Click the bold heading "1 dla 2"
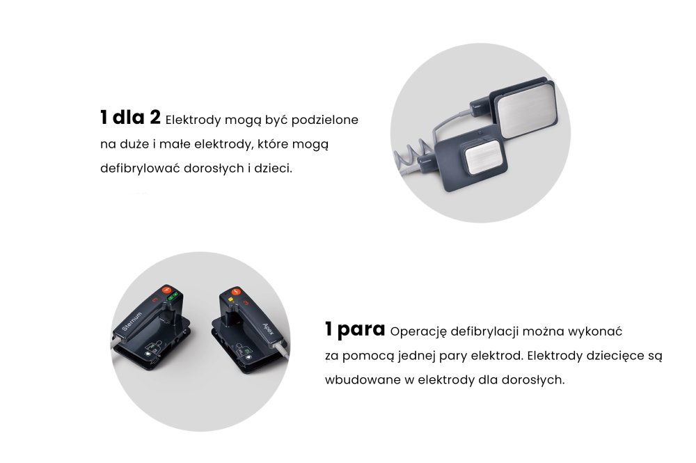click(130, 118)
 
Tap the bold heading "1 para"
click(355, 329)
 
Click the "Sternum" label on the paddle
click(132, 321)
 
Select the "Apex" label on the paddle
click(269, 329)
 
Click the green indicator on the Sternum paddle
click(173, 296)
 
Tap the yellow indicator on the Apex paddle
click(230, 299)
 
